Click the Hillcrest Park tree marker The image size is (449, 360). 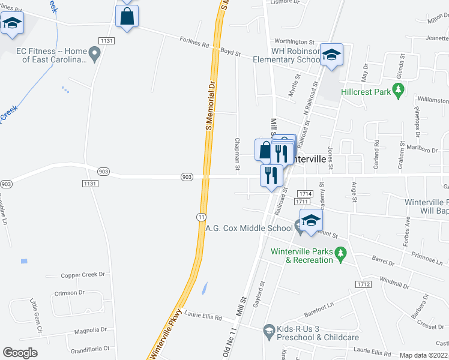(397, 91)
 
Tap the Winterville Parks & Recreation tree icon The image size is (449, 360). (340, 255)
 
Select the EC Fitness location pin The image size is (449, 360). (95, 52)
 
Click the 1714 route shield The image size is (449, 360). (304, 194)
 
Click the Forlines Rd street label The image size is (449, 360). (194, 43)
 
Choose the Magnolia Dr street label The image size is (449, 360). (91, 330)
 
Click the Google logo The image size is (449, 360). (20, 353)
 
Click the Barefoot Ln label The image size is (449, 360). (318, 305)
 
